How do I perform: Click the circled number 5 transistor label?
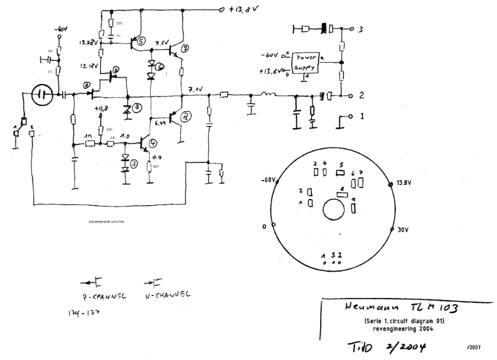click(x=141, y=41)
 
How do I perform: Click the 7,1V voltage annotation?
click(x=195, y=90)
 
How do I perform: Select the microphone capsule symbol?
click(x=41, y=95)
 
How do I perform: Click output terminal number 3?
click(x=361, y=28)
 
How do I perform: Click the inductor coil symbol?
click(x=269, y=95)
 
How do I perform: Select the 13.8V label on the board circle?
click(x=404, y=183)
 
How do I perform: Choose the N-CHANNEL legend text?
click(x=166, y=294)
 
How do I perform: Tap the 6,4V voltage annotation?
click(x=160, y=123)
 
